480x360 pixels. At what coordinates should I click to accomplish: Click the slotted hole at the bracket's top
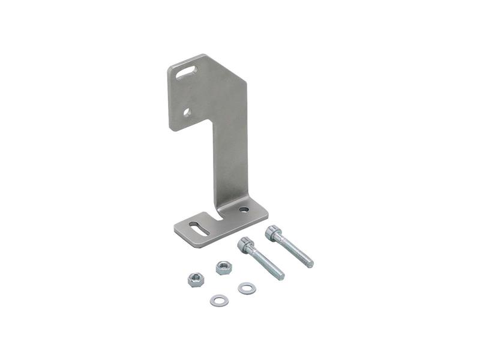click(187, 73)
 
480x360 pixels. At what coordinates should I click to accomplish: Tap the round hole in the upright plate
click(187, 112)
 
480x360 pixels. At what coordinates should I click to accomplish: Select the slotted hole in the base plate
click(199, 228)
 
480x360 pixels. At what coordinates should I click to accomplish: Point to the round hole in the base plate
click(244, 209)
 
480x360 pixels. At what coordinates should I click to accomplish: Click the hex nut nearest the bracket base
click(224, 267)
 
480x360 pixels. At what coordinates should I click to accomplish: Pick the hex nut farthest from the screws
click(194, 279)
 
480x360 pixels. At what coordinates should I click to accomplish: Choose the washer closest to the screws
click(247, 289)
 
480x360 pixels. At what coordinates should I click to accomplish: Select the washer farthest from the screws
click(218, 299)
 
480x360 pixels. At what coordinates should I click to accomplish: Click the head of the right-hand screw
click(274, 232)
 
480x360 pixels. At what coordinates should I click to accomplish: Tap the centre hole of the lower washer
click(218, 299)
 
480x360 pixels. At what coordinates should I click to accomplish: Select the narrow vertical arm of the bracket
click(232, 156)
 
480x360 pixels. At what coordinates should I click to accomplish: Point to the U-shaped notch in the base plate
click(217, 214)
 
